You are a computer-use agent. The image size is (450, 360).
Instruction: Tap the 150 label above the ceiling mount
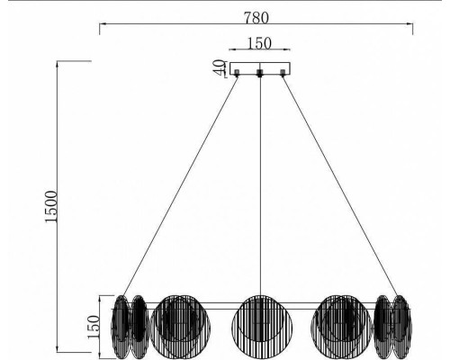[x=258, y=43]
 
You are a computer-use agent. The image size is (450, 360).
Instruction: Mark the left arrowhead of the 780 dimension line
[x=100, y=27]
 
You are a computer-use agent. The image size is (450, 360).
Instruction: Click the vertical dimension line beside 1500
[x=59, y=207]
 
